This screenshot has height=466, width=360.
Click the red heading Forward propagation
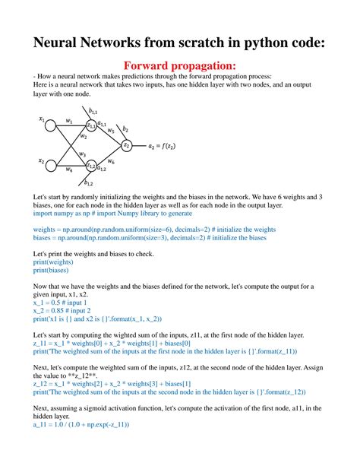tap(180, 69)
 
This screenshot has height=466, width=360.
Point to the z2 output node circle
tap(127, 145)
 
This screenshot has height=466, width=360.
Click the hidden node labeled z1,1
tap(91, 125)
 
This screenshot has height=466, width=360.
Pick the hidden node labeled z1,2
tap(91, 166)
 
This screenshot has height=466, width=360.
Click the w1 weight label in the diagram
tap(69, 120)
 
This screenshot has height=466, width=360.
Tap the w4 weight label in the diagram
tap(69, 170)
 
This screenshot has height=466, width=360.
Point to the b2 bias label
tap(125, 130)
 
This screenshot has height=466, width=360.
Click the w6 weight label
tap(111, 161)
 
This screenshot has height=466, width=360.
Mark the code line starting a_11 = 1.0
tap(81, 445)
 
